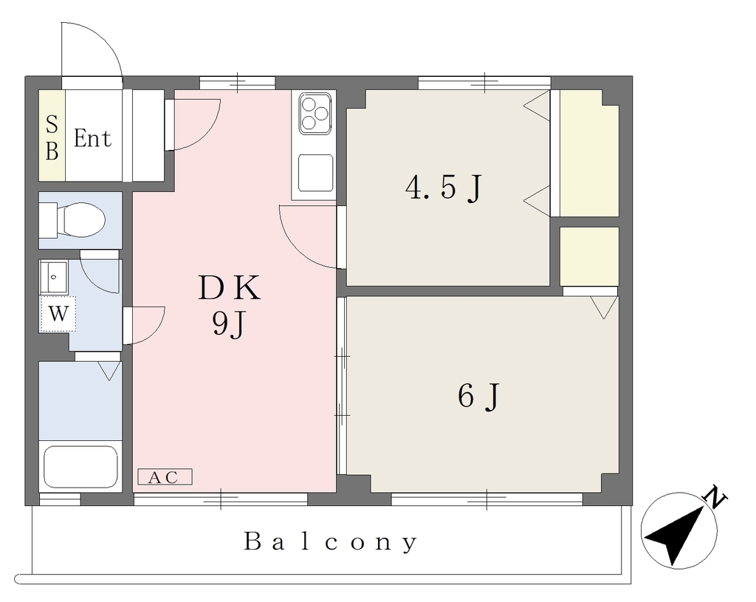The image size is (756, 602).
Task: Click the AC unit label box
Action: point(165,476)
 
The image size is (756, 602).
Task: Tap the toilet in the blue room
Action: point(72,220)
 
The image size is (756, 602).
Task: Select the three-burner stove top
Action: point(313,114)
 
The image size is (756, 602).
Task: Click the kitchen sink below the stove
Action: point(315,174)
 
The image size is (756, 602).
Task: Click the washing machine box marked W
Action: point(58,314)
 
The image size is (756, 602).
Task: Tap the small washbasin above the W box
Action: point(54,277)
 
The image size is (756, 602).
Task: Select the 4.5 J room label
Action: point(443,188)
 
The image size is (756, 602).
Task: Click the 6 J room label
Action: point(478,397)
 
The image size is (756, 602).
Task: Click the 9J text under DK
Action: point(230,324)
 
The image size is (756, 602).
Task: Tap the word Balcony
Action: point(331,541)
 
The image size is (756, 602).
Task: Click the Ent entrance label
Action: point(92,138)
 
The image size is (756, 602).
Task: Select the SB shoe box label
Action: point(52,138)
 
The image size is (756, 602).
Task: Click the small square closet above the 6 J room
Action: point(589,256)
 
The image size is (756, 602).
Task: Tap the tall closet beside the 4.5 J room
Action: point(589,154)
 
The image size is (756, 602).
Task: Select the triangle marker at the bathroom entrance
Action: point(109,371)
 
